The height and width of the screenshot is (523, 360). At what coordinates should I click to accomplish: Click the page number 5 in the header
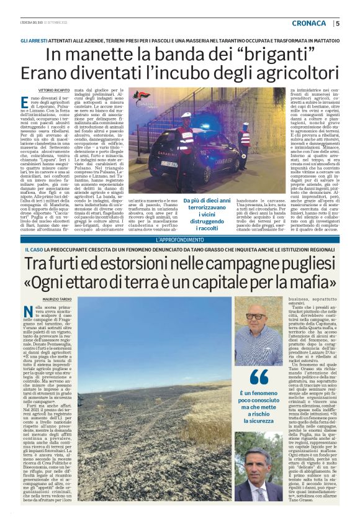(x=338, y=24)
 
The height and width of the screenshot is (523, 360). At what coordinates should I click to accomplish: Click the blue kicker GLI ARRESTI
(x=34, y=40)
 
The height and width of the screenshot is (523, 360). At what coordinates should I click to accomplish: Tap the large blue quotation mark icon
(x=258, y=378)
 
